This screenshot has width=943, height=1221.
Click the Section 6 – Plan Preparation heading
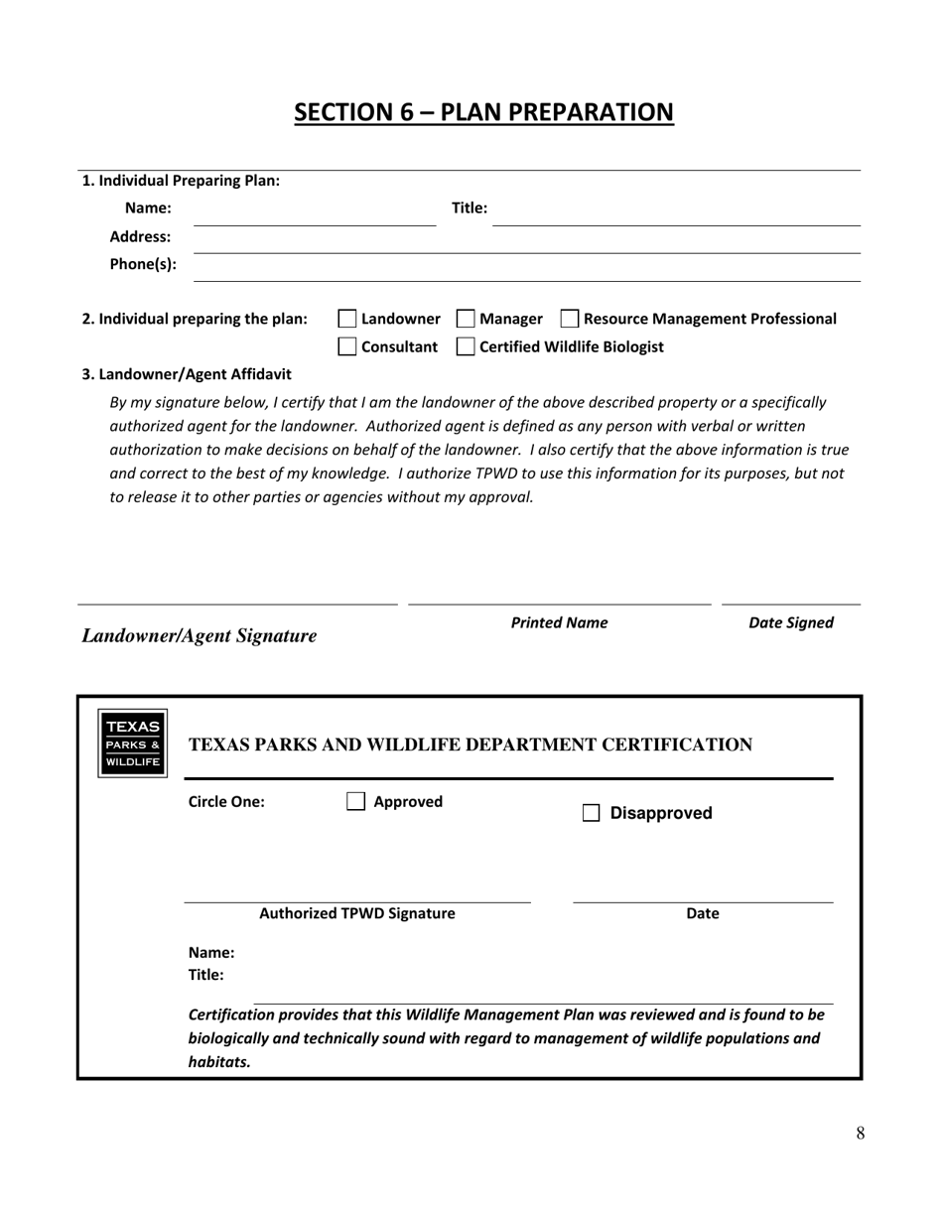click(483, 112)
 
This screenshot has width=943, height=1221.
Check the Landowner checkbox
click(347, 319)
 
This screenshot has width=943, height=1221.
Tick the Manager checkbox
click(466, 319)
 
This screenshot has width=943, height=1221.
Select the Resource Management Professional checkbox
click(570, 319)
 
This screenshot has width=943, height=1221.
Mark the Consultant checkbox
click(347, 346)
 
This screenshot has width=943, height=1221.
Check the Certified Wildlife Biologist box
click(466, 346)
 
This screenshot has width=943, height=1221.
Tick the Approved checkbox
click(356, 801)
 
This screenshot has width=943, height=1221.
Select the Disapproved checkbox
click(591, 813)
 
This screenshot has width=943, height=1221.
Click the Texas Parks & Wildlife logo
click(132, 744)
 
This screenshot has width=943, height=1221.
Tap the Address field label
click(140, 236)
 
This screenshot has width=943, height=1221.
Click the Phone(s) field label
click(143, 264)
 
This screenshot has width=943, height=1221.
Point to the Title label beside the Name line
click(470, 207)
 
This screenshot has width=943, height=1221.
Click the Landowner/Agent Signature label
click(200, 635)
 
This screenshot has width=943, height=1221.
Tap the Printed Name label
click(559, 622)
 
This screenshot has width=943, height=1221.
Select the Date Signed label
click(790, 622)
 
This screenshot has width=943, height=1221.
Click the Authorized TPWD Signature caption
click(357, 913)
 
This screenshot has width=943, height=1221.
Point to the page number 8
click(860, 1134)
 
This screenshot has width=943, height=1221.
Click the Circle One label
click(226, 801)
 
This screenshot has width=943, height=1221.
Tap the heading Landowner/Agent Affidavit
click(187, 374)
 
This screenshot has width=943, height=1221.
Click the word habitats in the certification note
click(219, 1062)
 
